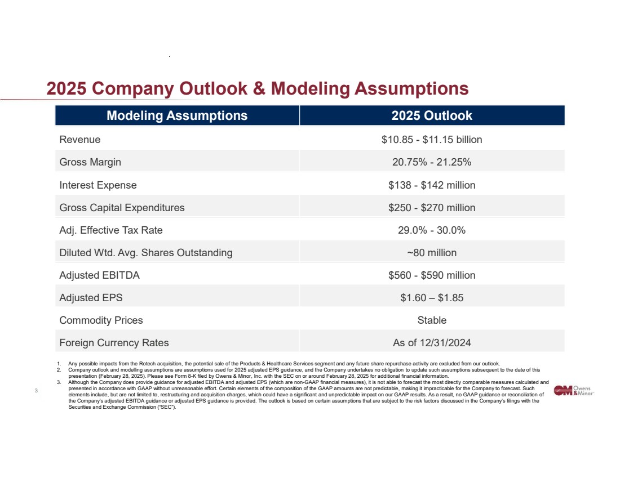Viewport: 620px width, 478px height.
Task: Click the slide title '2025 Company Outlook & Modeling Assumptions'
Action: click(x=258, y=89)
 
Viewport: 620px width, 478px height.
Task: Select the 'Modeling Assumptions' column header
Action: click(x=177, y=116)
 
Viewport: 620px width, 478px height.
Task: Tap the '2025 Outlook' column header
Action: click(x=432, y=116)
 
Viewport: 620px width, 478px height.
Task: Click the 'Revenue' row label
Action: click(x=80, y=140)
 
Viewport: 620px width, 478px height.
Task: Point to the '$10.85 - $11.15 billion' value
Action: click(x=432, y=140)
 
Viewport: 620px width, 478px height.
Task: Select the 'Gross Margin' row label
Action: click(x=90, y=162)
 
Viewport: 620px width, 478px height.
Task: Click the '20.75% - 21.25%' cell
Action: click(x=432, y=162)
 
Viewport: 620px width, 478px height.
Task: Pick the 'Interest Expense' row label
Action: click(x=98, y=185)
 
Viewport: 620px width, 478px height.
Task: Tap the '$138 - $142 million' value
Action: click(x=432, y=185)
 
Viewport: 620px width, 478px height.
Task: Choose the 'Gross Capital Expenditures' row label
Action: click(x=122, y=208)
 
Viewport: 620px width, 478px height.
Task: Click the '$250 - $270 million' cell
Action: click(x=432, y=208)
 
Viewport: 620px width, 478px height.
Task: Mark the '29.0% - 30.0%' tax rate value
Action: click(x=432, y=230)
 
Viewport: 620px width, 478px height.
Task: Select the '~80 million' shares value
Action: click(x=432, y=253)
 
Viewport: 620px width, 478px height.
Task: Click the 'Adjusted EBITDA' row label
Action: click(x=100, y=275)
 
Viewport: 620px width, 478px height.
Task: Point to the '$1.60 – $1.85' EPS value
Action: click(x=432, y=298)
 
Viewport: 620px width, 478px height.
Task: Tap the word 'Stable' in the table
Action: click(x=432, y=320)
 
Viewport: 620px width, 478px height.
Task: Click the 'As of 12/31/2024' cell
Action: click(x=432, y=343)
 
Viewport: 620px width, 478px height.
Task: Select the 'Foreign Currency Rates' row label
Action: click(x=114, y=343)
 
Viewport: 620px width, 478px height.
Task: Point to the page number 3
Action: click(x=36, y=391)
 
